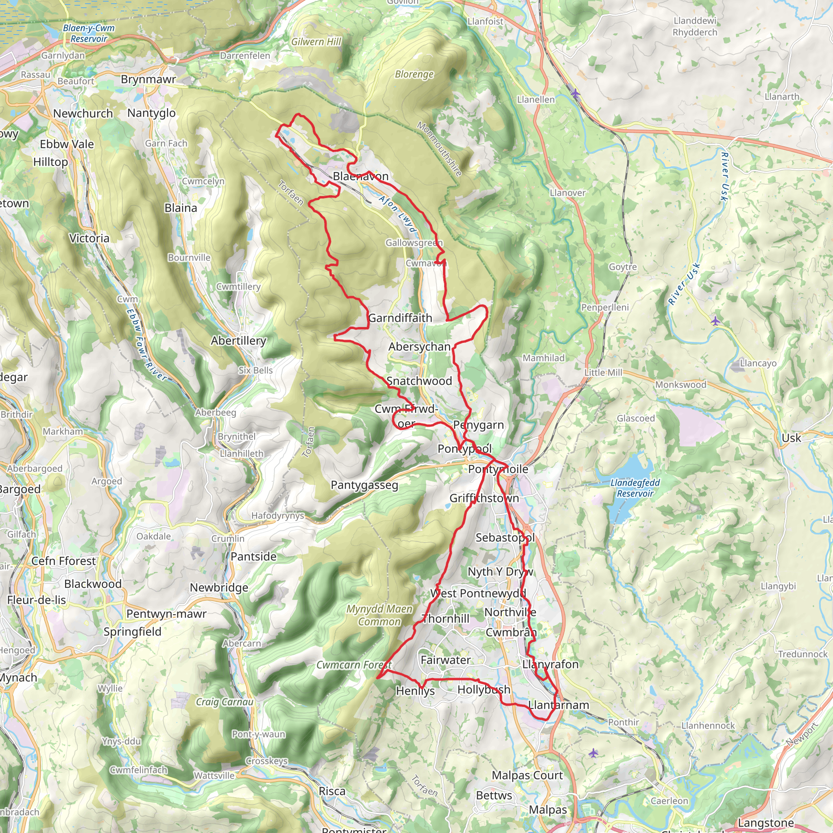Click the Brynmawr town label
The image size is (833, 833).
pyautogui.click(x=148, y=79)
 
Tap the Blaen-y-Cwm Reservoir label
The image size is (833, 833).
pyautogui.click(x=89, y=33)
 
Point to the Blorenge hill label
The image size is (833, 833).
pyautogui.click(x=414, y=74)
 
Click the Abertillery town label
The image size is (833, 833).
pyautogui.click(x=238, y=340)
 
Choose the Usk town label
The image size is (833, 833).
pyautogui.click(x=791, y=438)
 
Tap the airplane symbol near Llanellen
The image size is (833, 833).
pyautogui.click(x=575, y=93)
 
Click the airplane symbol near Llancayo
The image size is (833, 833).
pyautogui.click(x=715, y=321)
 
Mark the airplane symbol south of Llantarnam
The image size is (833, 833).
pyautogui.click(x=593, y=753)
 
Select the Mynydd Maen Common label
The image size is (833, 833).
pyautogui.click(x=379, y=615)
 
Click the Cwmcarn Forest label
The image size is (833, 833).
pyautogui.click(x=353, y=665)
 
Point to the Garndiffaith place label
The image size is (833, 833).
pyautogui.click(x=400, y=318)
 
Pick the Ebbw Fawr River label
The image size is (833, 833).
pyautogui.click(x=146, y=345)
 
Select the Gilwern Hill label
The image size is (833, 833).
pyautogui.click(x=316, y=42)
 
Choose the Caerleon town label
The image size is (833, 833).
pyautogui.click(x=669, y=800)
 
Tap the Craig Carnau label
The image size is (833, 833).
pyautogui.click(x=225, y=702)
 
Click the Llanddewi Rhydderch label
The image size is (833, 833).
pyautogui.click(x=695, y=26)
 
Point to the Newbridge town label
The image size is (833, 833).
pyautogui.click(x=219, y=587)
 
